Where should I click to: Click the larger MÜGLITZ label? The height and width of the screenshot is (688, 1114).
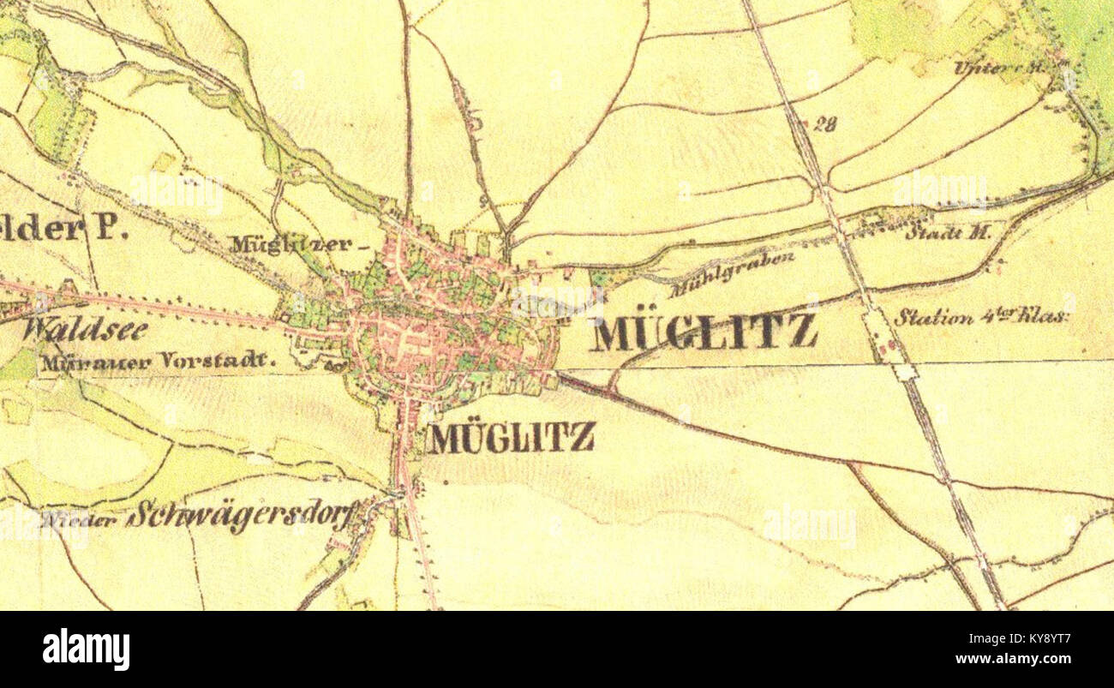pyautogui.click(x=704, y=332)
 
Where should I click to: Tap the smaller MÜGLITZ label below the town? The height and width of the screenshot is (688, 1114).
pyautogui.click(x=512, y=438)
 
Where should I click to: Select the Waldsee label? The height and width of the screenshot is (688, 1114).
pyautogui.click(x=85, y=329)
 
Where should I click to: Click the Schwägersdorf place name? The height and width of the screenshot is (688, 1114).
pyautogui.click(x=243, y=515)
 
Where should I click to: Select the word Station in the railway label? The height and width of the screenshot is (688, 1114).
pyautogui.click(x=932, y=317)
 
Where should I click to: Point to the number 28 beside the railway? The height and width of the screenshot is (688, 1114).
pyautogui.click(x=824, y=124)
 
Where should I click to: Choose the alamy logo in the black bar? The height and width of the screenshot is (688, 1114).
pyautogui.click(x=86, y=649)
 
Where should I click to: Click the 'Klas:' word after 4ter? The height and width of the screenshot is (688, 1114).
pyautogui.click(x=1044, y=317)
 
